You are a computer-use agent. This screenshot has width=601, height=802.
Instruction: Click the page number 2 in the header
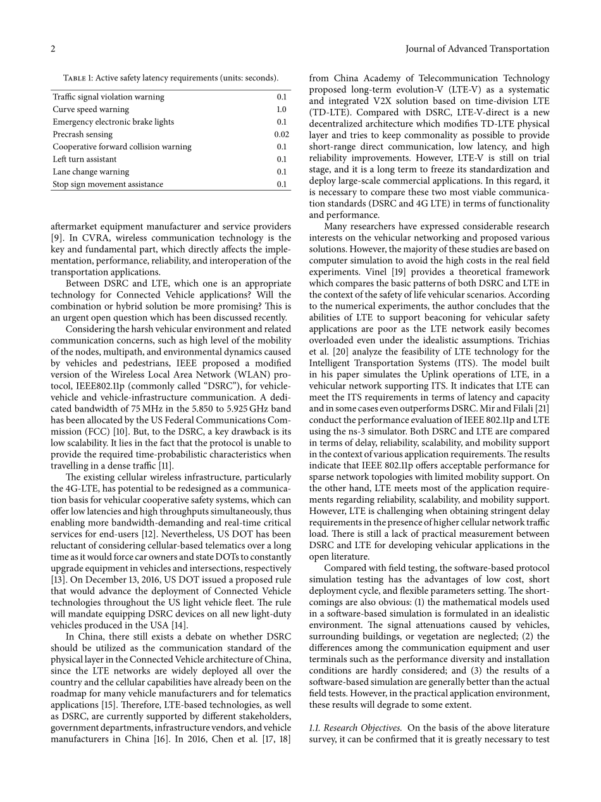[x=53, y=49]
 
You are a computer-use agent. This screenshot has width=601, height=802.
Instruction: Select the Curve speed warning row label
[x=90, y=110]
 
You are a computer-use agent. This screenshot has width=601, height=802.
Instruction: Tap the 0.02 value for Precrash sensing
[x=282, y=134]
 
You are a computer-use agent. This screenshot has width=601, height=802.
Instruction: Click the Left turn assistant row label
[x=84, y=160]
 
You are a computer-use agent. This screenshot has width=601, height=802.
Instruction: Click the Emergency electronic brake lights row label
[x=113, y=122]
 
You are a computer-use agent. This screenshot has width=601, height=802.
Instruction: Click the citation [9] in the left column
[x=56, y=238]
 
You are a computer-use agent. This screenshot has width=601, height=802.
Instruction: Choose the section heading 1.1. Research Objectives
[x=355, y=728]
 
